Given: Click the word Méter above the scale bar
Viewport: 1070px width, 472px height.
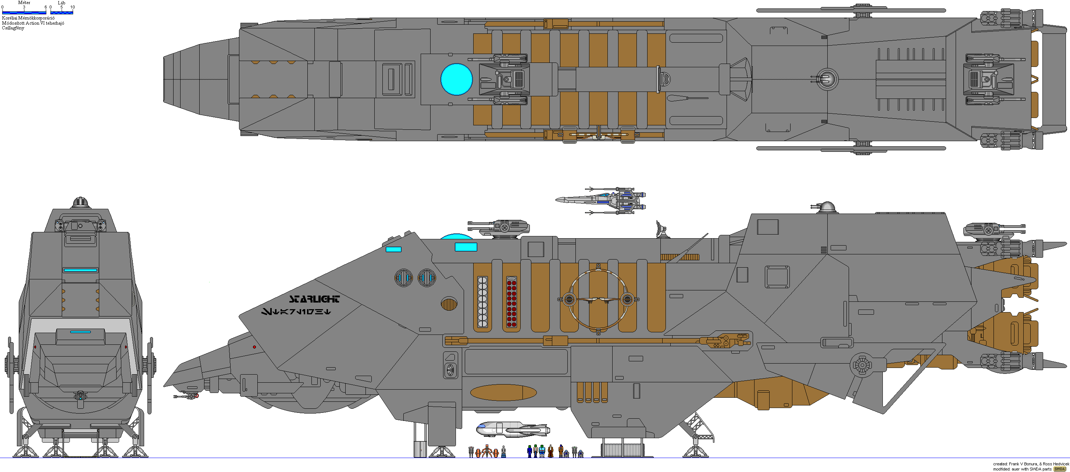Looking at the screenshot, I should coord(24,3).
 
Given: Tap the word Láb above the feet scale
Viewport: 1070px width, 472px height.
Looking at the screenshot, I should coord(61,3).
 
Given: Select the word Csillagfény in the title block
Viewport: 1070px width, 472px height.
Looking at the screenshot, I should coord(13,28).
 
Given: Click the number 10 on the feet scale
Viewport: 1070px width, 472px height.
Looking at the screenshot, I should coord(72,7).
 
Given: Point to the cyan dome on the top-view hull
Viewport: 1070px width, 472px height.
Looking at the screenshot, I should coord(456,79).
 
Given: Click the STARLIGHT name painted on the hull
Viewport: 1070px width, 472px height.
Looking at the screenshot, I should coord(314,299).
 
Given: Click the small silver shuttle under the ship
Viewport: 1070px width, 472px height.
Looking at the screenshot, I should coord(513,429).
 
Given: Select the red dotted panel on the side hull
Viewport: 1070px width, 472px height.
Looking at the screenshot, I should coord(511,303).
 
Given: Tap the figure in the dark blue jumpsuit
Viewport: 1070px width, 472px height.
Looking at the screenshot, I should coord(529,451).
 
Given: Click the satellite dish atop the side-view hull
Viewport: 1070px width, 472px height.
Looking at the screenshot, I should coord(660,229).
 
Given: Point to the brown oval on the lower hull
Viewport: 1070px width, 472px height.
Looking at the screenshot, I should coord(503,392).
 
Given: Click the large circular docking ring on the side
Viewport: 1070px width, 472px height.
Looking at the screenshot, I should coord(598,299).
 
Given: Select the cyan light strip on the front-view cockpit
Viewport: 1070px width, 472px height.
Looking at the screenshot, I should coord(80,270).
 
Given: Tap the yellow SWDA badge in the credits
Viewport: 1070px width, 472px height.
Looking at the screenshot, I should coord(1060,469).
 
